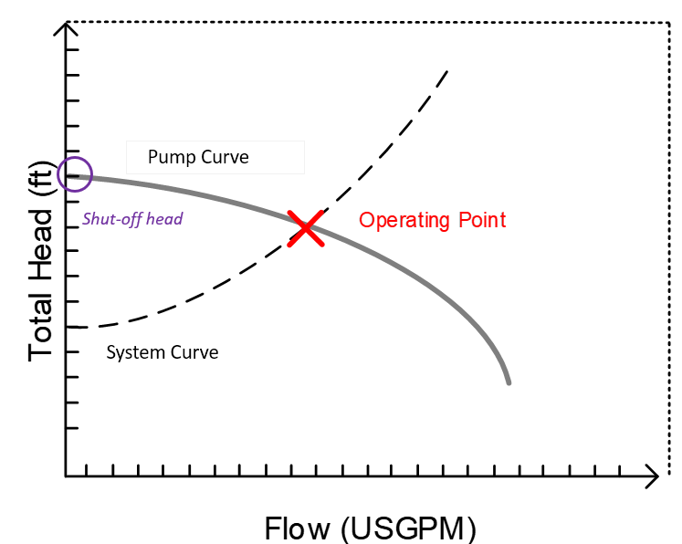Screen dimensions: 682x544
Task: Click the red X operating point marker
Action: point(306,228)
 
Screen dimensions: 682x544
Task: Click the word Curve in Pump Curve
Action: point(225,157)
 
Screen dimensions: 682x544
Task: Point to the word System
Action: point(136,352)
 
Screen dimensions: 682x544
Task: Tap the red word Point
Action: point(482,220)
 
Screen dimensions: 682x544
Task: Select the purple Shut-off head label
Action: point(132,219)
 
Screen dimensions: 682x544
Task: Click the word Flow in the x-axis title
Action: point(298,528)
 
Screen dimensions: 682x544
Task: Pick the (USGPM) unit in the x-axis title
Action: point(408,529)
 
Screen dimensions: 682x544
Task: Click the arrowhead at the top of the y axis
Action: point(66,24)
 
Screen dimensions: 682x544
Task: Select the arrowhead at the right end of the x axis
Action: point(656,476)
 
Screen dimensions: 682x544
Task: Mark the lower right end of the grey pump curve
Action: point(509,383)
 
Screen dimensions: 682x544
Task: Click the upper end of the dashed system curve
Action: point(447,71)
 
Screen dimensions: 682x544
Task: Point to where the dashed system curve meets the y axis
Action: point(67,326)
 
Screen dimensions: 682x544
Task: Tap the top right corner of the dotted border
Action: point(669,23)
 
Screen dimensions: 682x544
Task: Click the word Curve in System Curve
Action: point(194,352)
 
